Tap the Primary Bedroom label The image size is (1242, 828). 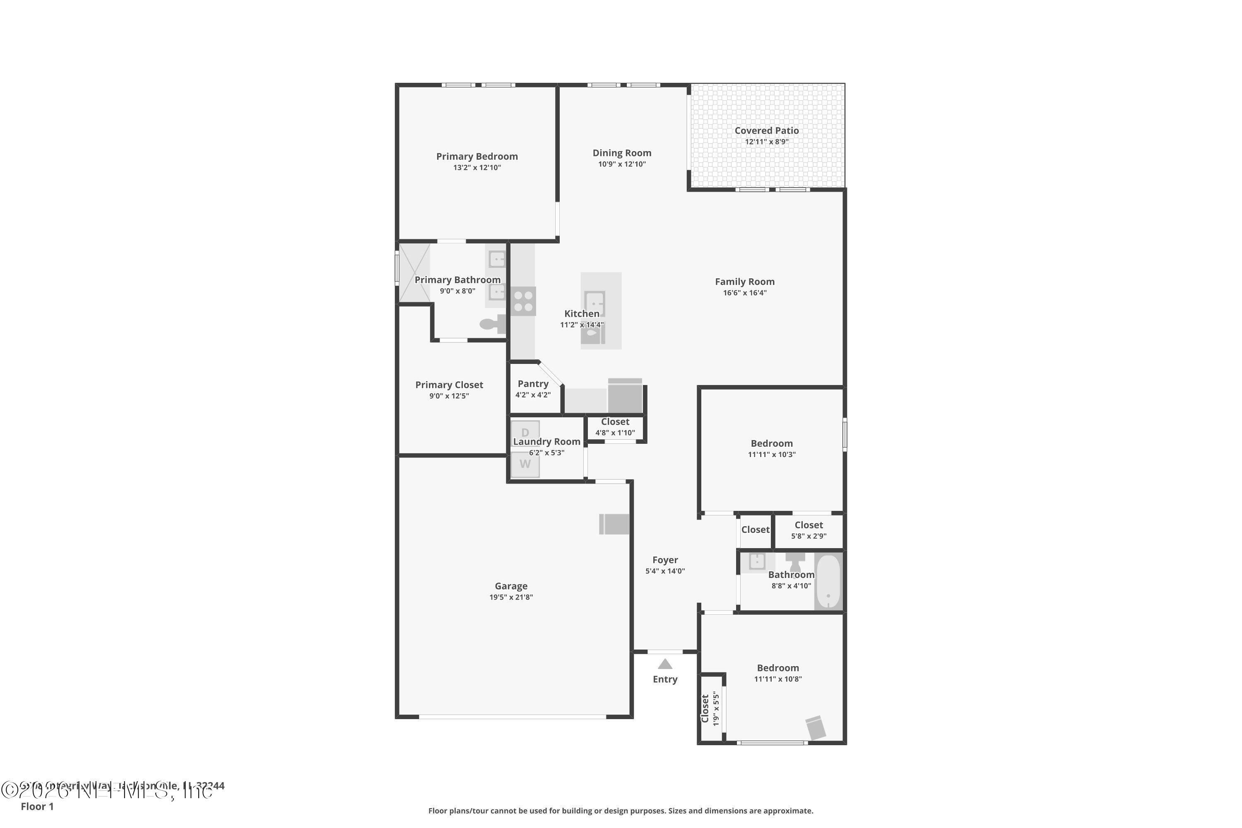(x=477, y=156)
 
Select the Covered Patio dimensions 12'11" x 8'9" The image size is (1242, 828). (x=766, y=142)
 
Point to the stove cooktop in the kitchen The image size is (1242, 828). (x=523, y=301)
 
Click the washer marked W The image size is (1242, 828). (x=525, y=464)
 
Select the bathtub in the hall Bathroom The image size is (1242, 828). (x=828, y=581)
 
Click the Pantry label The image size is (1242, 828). (x=533, y=384)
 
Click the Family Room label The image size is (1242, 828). (x=744, y=282)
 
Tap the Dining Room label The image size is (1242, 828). (x=621, y=153)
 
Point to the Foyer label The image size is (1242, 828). (x=665, y=560)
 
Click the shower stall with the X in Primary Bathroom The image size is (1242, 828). (x=414, y=272)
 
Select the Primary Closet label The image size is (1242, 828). (x=449, y=385)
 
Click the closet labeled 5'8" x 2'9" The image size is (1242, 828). (x=809, y=530)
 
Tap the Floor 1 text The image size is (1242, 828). (x=37, y=806)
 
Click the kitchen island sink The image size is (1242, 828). (x=595, y=303)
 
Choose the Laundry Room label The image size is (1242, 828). (x=546, y=441)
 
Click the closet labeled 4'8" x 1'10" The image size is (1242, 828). (x=615, y=427)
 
